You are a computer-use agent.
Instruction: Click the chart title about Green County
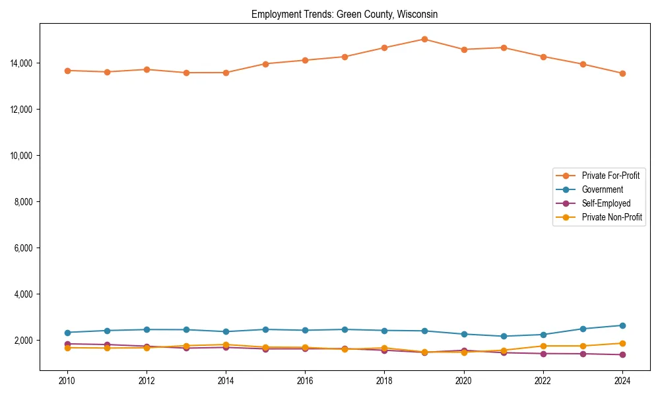click(x=345, y=14)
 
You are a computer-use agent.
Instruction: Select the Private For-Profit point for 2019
click(x=424, y=39)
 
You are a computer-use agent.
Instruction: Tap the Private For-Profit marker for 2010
click(x=67, y=71)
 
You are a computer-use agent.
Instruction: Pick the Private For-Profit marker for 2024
click(x=622, y=73)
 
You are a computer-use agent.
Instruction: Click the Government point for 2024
click(x=622, y=325)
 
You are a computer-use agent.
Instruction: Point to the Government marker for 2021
click(x=504, y=336)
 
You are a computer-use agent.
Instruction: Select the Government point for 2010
click(x=67, y=333)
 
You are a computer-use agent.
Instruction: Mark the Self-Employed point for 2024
click(x=622, y=354)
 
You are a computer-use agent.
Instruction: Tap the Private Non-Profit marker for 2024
click(x=622, y=343)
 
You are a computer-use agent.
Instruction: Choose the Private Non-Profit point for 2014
click(x=226, y=345)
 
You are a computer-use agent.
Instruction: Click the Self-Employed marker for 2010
click(x=67, y=344)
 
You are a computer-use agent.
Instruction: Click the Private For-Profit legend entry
click(x=610, y=176)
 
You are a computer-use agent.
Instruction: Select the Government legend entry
click(x=602, y=189)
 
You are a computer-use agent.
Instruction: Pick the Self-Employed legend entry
click(x=606, y=203)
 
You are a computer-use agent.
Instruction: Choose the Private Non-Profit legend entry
click(x=612, y=217)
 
